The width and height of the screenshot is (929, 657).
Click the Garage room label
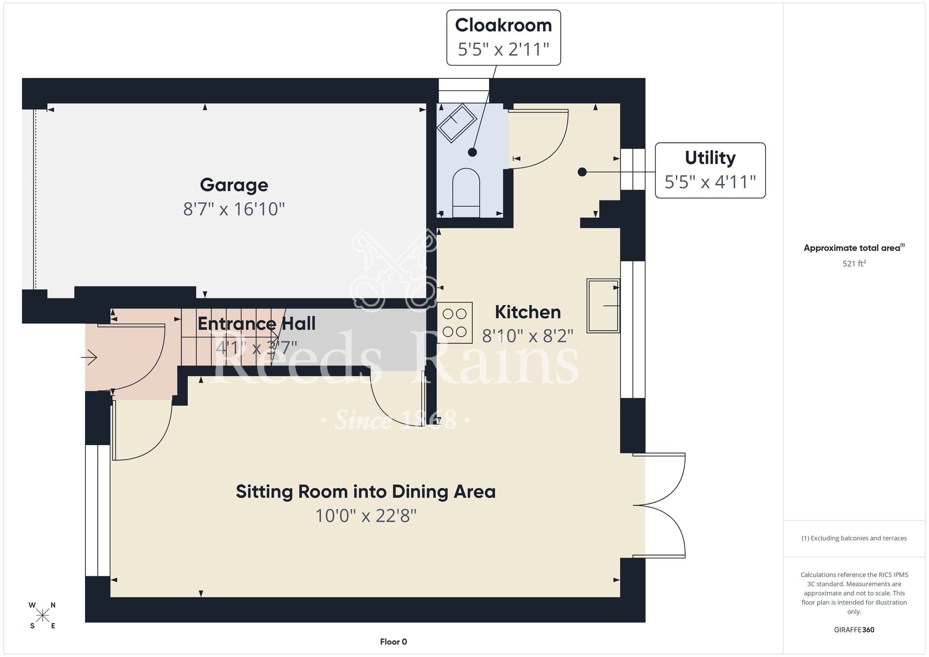tap(234, 185)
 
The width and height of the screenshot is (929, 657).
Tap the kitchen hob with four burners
tap(455, 323)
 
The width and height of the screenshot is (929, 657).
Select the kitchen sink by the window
tap(603, 306)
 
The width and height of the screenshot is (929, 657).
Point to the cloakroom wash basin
tap(457, 123)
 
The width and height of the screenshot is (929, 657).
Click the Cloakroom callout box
tap(504, 38)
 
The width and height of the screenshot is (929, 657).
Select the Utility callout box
tap(710, 171)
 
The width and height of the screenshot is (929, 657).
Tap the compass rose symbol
tap(43, 616)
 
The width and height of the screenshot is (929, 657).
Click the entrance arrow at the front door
tap(89, 357)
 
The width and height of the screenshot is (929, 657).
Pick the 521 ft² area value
tap(854, 263)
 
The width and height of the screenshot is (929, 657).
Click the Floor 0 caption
tap(393, 642)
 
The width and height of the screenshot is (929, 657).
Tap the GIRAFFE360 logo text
tap(854, 630)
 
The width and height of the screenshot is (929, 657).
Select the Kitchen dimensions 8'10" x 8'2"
tap(528, 335)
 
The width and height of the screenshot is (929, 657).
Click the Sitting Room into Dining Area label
tap(366, 492)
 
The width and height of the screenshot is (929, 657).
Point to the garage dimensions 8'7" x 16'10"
tap(234, 209)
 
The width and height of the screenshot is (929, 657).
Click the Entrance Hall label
tap(256, 323)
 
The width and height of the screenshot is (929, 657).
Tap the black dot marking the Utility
tap(582, 172)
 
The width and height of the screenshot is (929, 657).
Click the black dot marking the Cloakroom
tap(472, 152)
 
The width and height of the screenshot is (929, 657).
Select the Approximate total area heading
tap(854, 248)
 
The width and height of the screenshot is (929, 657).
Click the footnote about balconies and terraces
tap(854, 538)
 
